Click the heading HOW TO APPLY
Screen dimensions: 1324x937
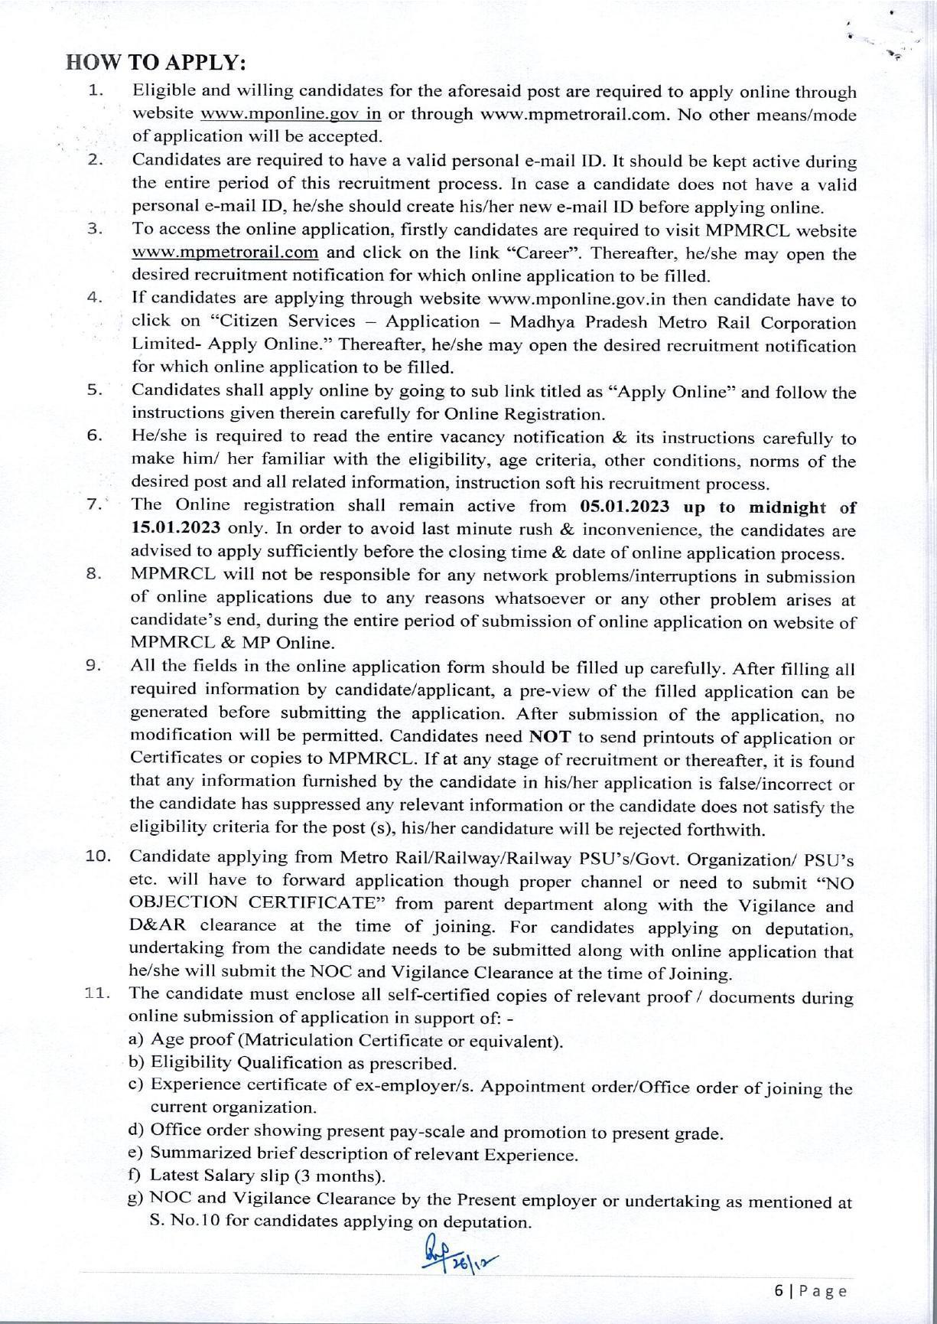[156, 62]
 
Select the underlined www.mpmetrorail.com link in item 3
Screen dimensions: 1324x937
[225, 253]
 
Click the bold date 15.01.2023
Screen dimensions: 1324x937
[176, 530]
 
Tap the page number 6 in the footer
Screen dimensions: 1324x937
[779, 1291]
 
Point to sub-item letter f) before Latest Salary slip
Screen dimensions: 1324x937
[134, 1176]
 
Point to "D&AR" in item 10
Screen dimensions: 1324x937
[158, 927]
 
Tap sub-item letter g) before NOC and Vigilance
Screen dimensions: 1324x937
[135, 1199]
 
